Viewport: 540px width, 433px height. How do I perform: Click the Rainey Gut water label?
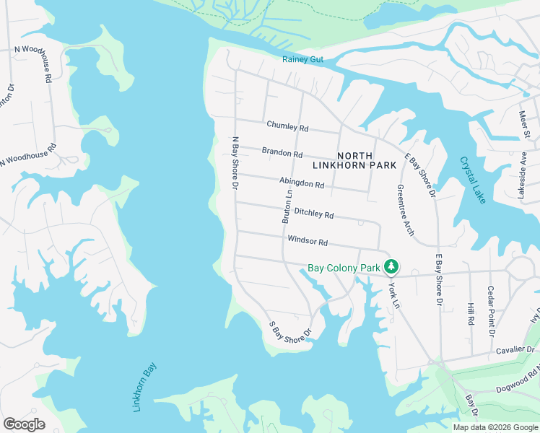pos(303,59)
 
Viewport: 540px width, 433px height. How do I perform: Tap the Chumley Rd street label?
pos(287,126)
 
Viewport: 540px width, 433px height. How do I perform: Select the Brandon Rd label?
pos(282,153)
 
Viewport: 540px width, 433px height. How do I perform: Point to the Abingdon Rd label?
pos(302,183)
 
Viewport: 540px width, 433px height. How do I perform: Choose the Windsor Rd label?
pos(308,241)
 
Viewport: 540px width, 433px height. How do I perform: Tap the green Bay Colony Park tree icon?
pos(391,268)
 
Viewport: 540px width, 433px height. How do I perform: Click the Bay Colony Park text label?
pos(344,268)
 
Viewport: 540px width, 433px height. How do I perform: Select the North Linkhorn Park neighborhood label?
pos(354,160)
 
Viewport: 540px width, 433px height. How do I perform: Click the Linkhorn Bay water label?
pos(144,388)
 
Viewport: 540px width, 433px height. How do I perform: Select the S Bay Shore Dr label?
pos(289,330)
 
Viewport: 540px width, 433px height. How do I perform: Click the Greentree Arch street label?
pos(404,210)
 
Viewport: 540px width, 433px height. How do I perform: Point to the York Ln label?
pos(393,292)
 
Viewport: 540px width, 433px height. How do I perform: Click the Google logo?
pos(24,424)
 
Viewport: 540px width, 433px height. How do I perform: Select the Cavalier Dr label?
pos(514,349)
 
